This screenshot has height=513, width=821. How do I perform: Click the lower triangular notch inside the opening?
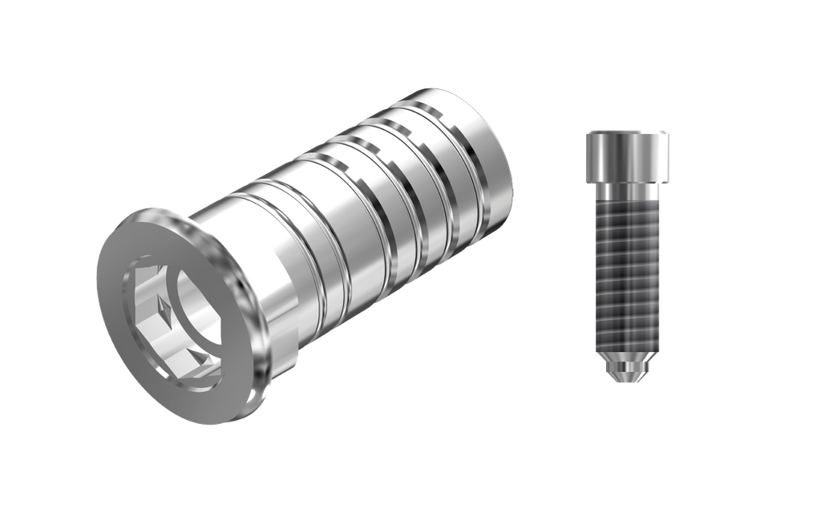(197, 353)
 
